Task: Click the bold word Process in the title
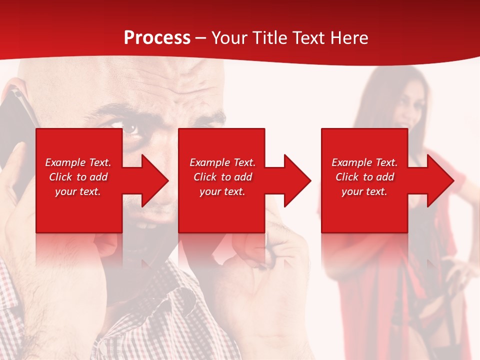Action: point(157,38)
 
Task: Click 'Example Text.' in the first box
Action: point(78,162)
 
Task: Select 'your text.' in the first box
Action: point(78,191)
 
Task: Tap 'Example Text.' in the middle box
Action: point(222,162)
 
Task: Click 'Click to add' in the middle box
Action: point(222,177)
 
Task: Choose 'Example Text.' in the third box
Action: point(364,162)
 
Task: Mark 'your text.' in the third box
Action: point(364,191)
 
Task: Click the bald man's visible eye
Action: point(131,128)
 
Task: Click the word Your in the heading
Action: point(228,38)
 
